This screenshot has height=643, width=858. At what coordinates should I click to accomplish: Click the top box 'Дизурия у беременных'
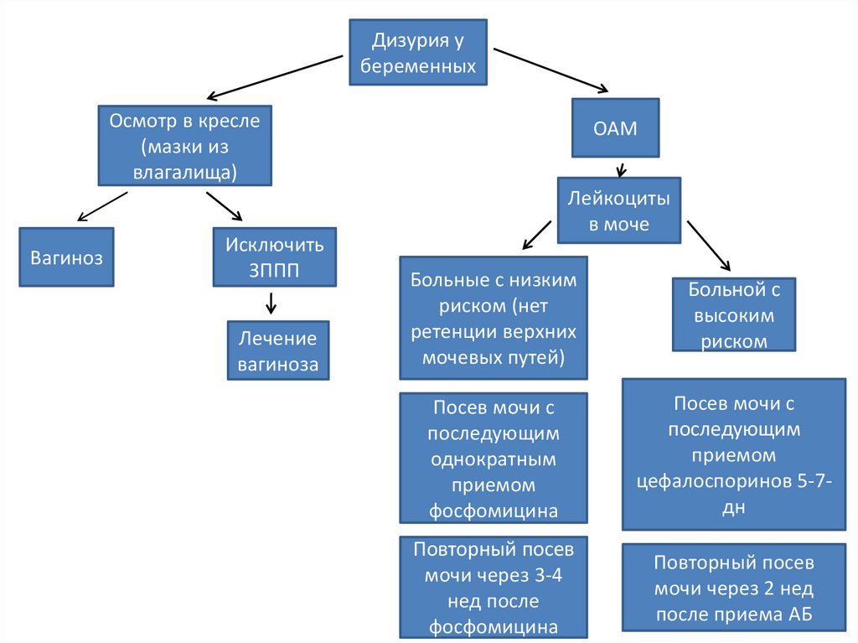click(418, 53)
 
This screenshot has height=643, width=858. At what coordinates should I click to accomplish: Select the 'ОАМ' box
click(615, 127)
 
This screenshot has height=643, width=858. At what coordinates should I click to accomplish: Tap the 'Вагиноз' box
click(67, 257)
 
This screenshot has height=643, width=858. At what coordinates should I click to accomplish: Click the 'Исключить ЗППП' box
click(274, 257)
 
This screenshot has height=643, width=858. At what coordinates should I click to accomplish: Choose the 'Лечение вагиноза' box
click(277, 350)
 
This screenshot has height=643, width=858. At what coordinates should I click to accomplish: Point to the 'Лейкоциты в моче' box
click(619, 211)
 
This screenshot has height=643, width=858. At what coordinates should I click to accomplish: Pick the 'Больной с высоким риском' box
click(734, 315)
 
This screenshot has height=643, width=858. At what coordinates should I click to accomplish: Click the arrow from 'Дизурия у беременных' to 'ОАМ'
click(550, 70)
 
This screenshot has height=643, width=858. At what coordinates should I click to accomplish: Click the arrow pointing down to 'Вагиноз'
click(102, 206)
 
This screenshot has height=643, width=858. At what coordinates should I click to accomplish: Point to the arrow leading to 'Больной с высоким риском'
click(709, 246)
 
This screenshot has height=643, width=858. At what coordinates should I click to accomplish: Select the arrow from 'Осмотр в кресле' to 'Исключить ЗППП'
click(224, 206)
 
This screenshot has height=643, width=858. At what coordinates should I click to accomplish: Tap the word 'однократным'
click(493, 459)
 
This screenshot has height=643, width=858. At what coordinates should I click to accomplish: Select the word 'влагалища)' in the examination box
click(184, 172)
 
